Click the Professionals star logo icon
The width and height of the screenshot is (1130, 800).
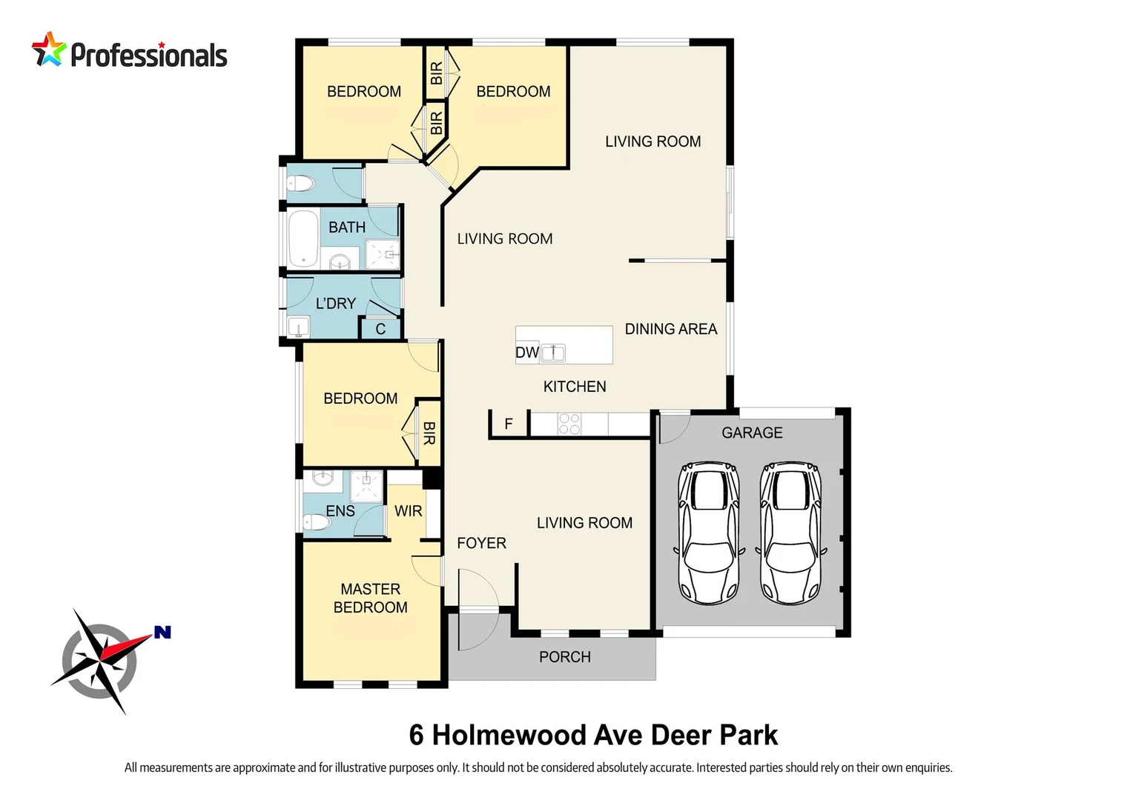pos(49,50)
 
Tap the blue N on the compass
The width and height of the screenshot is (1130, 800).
pos(162,632)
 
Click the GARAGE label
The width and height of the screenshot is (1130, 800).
pos(752,433)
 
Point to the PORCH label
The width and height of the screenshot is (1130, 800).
pos(564,657)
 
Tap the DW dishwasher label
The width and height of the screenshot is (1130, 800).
pos(526,353)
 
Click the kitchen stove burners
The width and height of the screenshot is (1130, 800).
pos(569,424)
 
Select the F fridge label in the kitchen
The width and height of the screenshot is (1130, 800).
pos(509,424)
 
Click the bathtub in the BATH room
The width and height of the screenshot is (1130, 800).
pos(303,239)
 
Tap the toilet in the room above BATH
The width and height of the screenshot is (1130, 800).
pos(301,183)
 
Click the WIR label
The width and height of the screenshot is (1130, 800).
pos(408,511)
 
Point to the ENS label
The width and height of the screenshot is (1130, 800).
pos(340,511)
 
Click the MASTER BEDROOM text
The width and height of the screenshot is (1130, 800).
pos(370,598)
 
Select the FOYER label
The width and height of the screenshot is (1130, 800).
pos(481,543)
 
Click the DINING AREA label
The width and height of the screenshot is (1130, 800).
pos(670,329)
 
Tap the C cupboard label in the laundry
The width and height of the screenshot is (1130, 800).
pos(380,329)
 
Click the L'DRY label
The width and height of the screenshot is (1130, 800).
pos(335,303)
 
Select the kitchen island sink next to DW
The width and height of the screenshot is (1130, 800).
pos(552,353)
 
